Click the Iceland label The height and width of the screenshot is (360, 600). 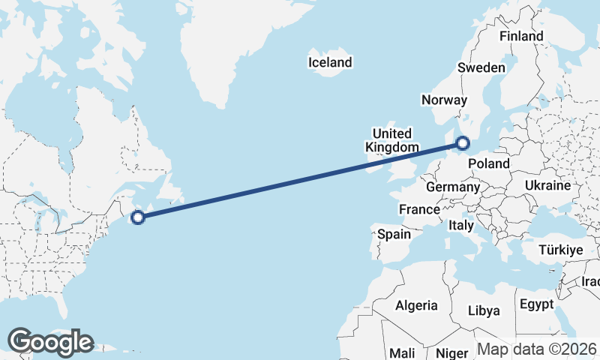tap(330, 62)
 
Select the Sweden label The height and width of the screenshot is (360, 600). tap(481, 67)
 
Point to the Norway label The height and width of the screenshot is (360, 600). tap(444, 100)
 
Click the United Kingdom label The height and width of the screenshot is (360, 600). tap(391, 140)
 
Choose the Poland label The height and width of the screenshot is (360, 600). tap(488, 163)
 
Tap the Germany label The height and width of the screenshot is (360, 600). tap(452, 187)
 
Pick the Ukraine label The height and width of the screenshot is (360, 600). tap(547, 185)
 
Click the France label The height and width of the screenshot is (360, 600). tap(418, 209)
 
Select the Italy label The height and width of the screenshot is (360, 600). tap(460, 225)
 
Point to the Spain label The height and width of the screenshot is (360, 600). tap(394, 234)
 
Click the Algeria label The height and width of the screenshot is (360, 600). tap(416, 305)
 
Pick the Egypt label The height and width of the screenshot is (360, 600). tap(535, 304)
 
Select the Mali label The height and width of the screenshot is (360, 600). tap(402, 352)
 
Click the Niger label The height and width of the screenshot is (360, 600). tap(451, 352)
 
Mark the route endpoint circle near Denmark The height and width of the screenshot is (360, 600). tap(463, 142)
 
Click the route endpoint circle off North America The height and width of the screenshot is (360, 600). tap(137, 217)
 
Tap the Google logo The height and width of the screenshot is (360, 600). tap(51, 342)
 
